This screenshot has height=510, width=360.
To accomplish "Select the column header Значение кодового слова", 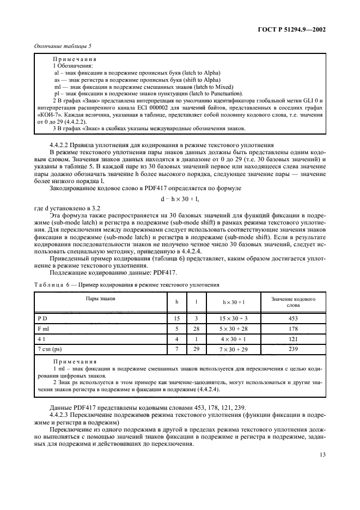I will (x=293, y=302).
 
